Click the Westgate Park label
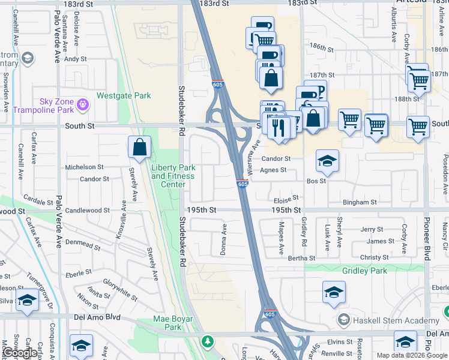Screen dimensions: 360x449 [124, 95]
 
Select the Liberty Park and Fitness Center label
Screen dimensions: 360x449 [173, 176]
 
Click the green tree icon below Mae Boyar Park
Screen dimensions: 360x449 [208, 341]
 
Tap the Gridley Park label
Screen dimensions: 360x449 [364, 271]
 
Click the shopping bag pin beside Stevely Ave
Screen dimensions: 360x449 [139, 147]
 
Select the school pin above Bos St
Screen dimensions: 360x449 [327, 161]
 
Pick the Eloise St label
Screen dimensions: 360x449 [286, 199]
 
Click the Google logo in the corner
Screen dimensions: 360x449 [20, 353]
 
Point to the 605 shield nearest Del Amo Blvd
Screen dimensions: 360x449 [271, 314]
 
